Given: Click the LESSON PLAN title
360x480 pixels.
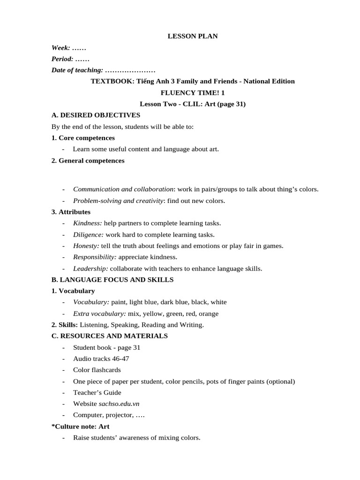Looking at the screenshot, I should pos(193,36).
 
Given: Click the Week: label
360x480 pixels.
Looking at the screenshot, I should pos(61,48).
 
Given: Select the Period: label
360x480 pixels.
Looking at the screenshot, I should pos(62,59).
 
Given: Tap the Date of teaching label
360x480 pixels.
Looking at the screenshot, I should pos(77,70).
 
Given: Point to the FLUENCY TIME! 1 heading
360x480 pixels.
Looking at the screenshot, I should pos(193,93).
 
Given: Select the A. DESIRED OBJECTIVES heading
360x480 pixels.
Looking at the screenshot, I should pos(96,115).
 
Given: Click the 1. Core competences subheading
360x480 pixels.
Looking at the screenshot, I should pos(83,138).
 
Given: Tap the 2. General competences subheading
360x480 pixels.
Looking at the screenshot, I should pos(88,160).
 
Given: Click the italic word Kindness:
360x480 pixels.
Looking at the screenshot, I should pos(87,223).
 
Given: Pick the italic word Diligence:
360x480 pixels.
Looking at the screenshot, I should pos(89,234).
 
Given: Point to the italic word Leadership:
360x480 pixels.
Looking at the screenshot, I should pos(90,269).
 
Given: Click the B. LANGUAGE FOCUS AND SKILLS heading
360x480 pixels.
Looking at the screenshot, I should pos(112,280).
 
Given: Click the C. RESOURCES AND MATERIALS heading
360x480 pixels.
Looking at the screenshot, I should pos(109,336).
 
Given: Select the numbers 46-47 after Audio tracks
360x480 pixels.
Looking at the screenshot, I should pos(120,359).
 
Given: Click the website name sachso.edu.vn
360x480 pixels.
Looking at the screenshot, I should pos(119,404).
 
